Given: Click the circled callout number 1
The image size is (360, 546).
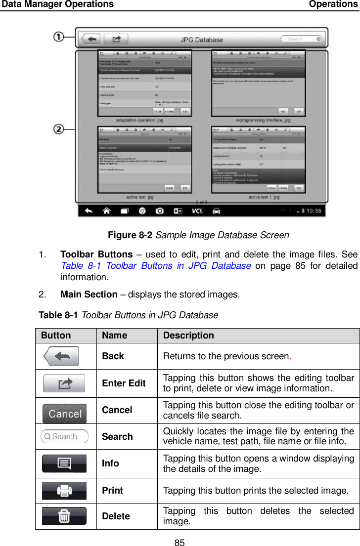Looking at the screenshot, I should click(58, 37).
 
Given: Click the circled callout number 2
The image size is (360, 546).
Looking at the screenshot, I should click(58, 129).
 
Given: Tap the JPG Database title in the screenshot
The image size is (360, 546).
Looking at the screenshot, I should click(201, 40).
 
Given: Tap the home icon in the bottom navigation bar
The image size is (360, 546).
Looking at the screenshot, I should click(106, 211).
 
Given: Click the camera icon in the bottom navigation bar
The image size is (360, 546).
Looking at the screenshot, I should click(160, 211).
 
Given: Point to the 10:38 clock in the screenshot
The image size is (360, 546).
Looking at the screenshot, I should click(312, 211).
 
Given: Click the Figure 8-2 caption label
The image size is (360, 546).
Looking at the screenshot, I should click(130, 235).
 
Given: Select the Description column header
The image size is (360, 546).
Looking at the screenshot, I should click(188, 335).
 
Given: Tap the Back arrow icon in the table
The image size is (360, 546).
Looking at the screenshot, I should click(61, 356).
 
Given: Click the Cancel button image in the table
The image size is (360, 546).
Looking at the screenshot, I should click(64, 413).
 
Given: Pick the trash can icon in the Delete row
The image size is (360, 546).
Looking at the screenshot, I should click(64, 516).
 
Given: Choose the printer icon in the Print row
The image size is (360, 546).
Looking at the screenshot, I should click(64, 491).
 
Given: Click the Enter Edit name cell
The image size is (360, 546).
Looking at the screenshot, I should click(124, 383).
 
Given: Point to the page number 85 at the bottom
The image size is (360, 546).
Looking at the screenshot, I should click(180, 543).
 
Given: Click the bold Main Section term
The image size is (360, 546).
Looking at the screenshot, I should click(89, 294).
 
